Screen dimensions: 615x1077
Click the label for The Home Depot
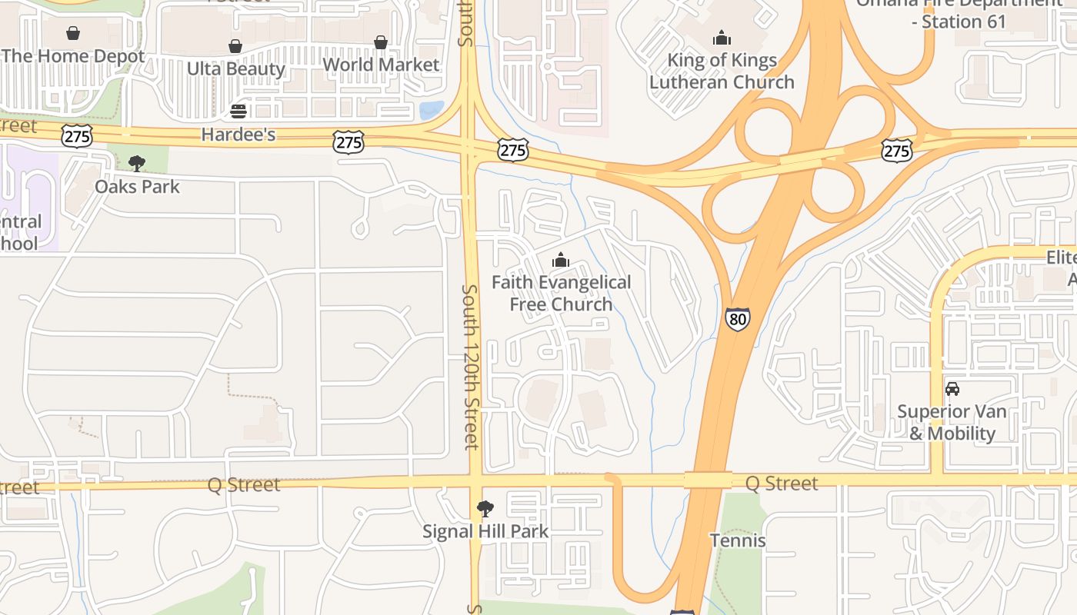73,56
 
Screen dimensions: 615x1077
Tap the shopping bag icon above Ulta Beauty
235,46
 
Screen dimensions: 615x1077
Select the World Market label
381,65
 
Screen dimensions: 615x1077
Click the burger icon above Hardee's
238,111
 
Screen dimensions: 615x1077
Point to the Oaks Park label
137,186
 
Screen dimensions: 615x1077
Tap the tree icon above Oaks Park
137,163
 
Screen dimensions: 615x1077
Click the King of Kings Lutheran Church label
722,71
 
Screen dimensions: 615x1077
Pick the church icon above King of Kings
722,37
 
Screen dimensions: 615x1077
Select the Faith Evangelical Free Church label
562,293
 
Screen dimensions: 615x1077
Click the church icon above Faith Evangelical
561,260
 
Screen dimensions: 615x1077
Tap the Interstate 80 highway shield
737,319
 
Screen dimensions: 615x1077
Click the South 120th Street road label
470,367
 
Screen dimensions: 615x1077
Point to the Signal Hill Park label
485,531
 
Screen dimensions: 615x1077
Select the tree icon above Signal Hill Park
485,508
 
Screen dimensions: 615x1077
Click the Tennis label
738,540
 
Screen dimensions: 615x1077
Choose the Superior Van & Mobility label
952,422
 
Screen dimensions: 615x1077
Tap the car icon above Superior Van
952,388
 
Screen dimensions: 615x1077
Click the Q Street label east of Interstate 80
782,484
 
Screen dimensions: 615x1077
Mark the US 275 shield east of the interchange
897,151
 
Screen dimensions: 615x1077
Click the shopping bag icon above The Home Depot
73,33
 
